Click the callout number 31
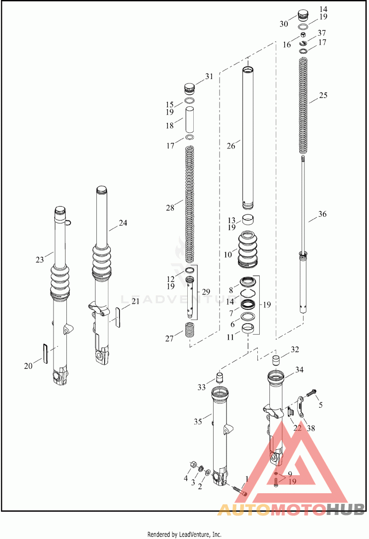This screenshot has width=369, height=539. (x=209, y=76)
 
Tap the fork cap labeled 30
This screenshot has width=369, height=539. (x=303, y=15)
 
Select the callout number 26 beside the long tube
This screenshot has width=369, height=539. (x=231, y=146)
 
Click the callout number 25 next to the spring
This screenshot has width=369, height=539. (x=323, y=95)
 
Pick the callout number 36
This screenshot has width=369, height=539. (x=322, y=214)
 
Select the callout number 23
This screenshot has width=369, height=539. (x=40, y=259)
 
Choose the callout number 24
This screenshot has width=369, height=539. (x=123, y=223)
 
